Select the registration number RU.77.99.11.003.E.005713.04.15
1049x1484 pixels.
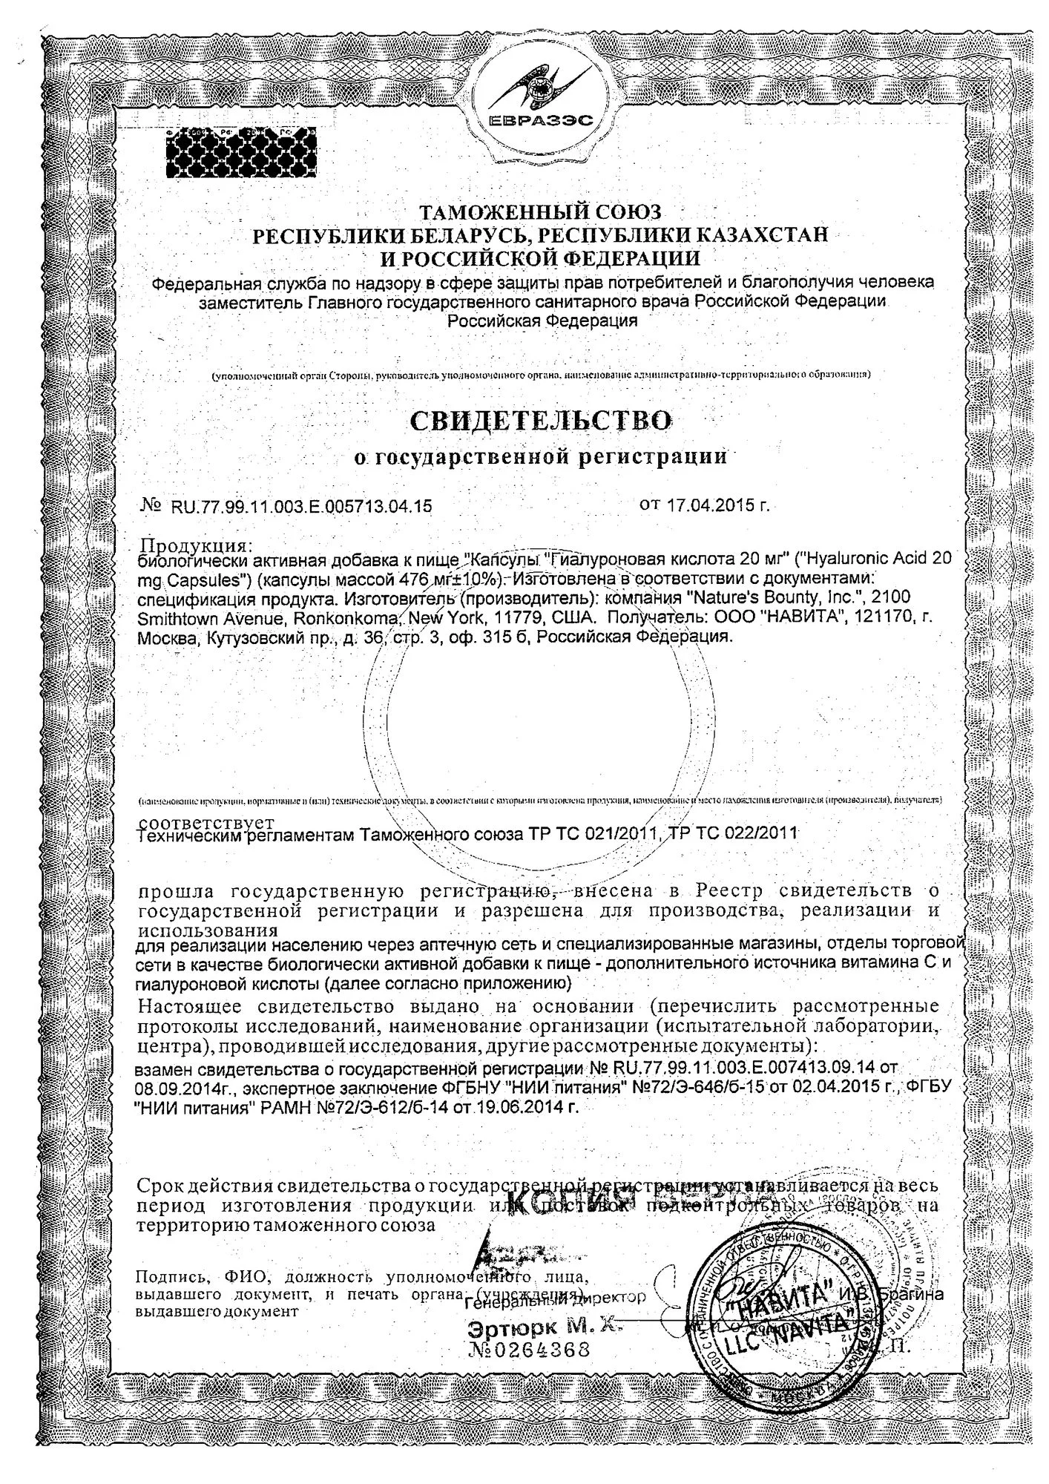(301, 507)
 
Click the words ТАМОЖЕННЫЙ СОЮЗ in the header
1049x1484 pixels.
(540, 213)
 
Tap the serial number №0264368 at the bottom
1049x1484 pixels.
(530, 1349)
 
